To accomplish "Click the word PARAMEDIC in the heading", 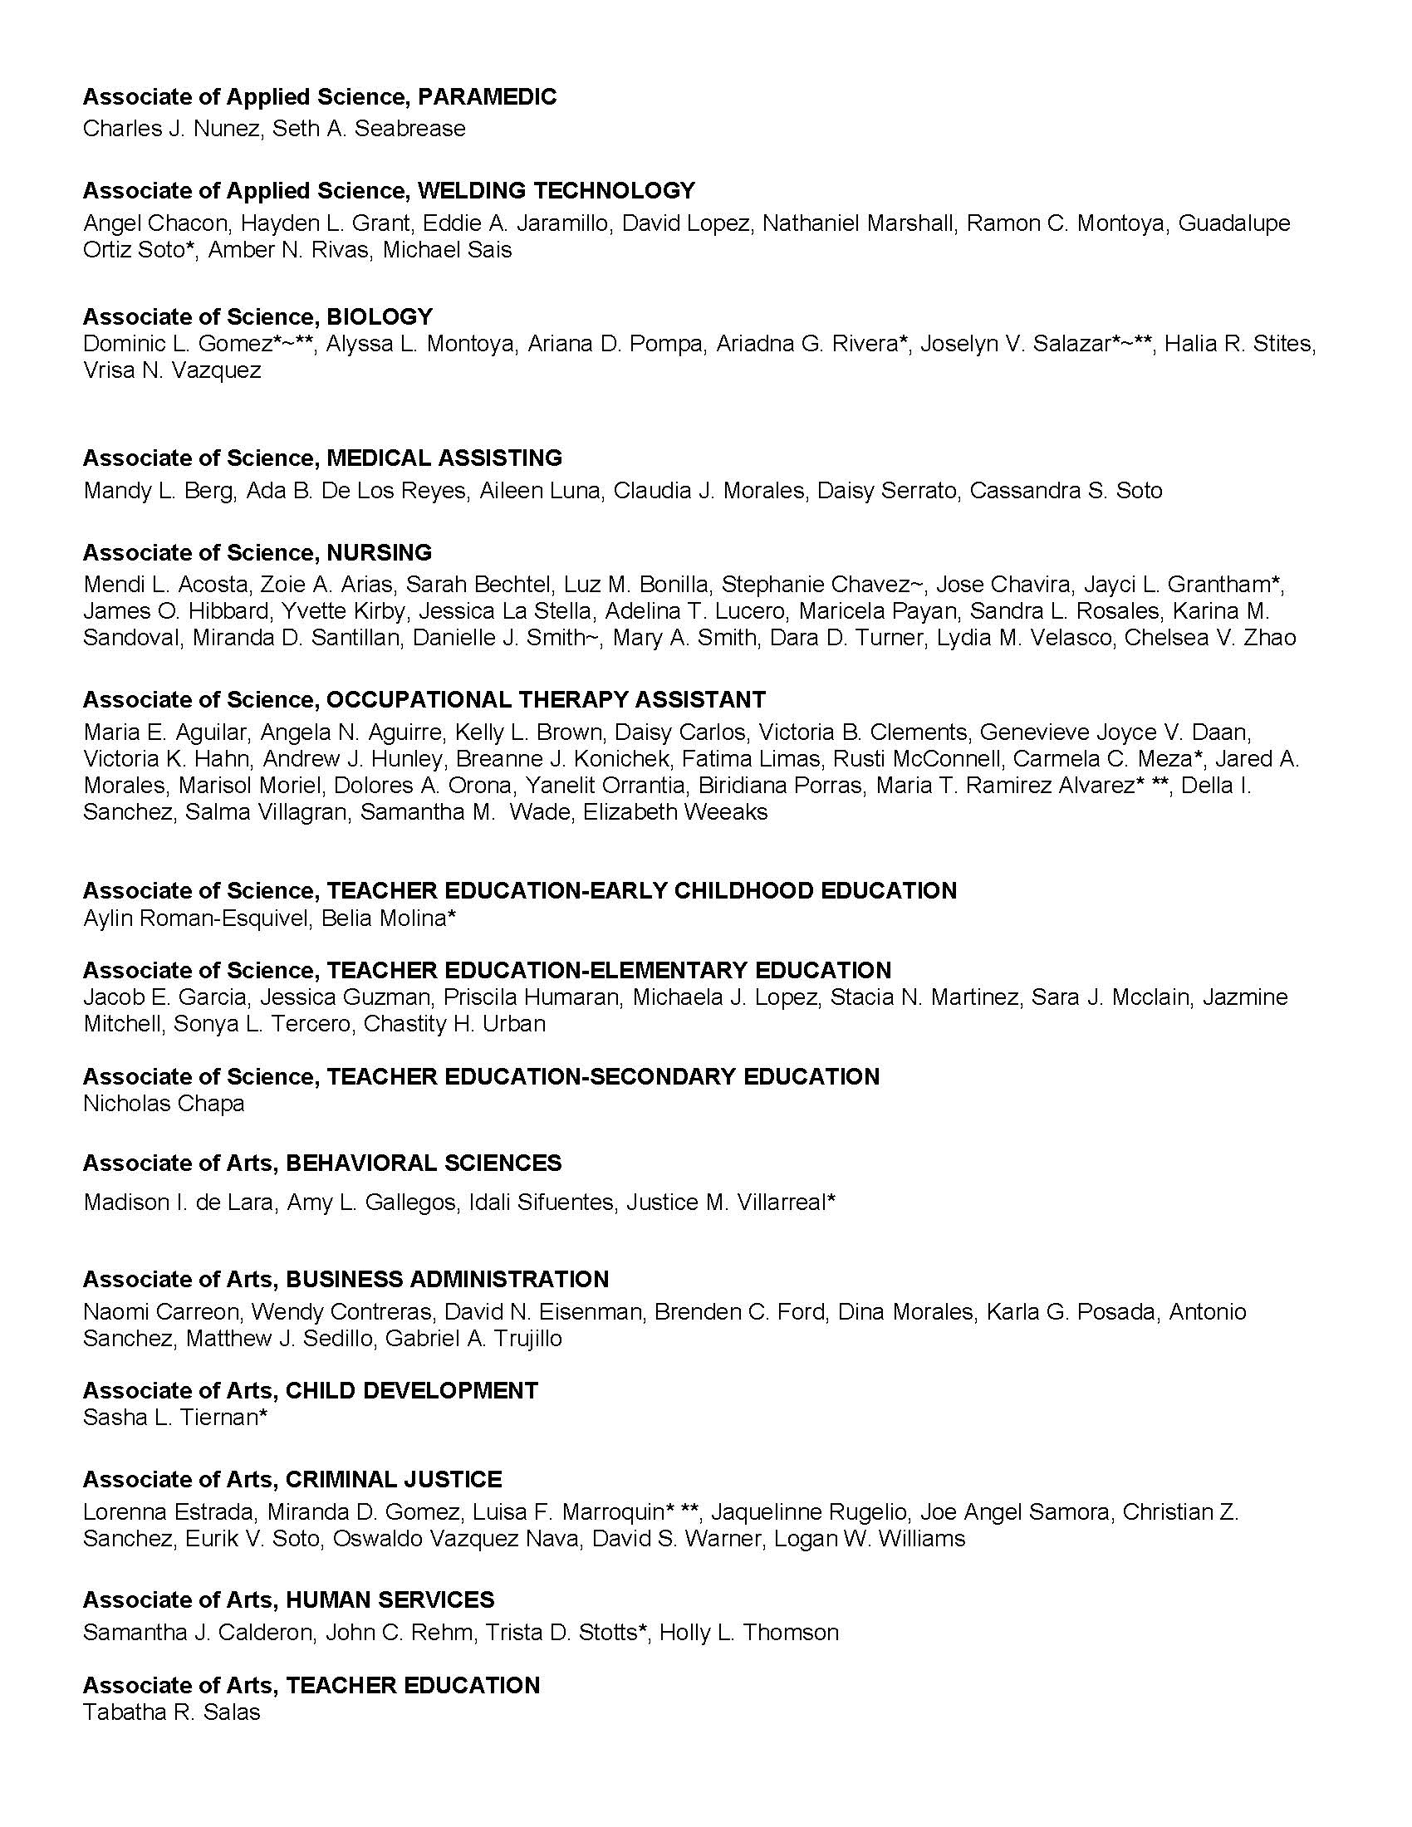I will (x=487, y=97).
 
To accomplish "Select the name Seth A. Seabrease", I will (x=369, y=129).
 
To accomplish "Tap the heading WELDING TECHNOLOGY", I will (x=556, y=191).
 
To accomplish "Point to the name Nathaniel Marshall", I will (x=858, y=223).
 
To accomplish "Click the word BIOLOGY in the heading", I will (x=380, y=317).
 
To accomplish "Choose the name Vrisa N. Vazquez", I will (x=172, y=370).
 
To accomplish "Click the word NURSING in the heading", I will (x=379, y=553).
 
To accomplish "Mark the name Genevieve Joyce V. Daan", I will (x=1115, y=732).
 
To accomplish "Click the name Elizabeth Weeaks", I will (x=675, y=812).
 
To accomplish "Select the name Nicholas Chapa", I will (x=164, y=1104).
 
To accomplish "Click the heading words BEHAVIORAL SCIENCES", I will (x=424, y=1163).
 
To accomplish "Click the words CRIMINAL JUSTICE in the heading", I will (x=393, y=1480).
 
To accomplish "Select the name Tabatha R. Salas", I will (x=171, y=1712).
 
